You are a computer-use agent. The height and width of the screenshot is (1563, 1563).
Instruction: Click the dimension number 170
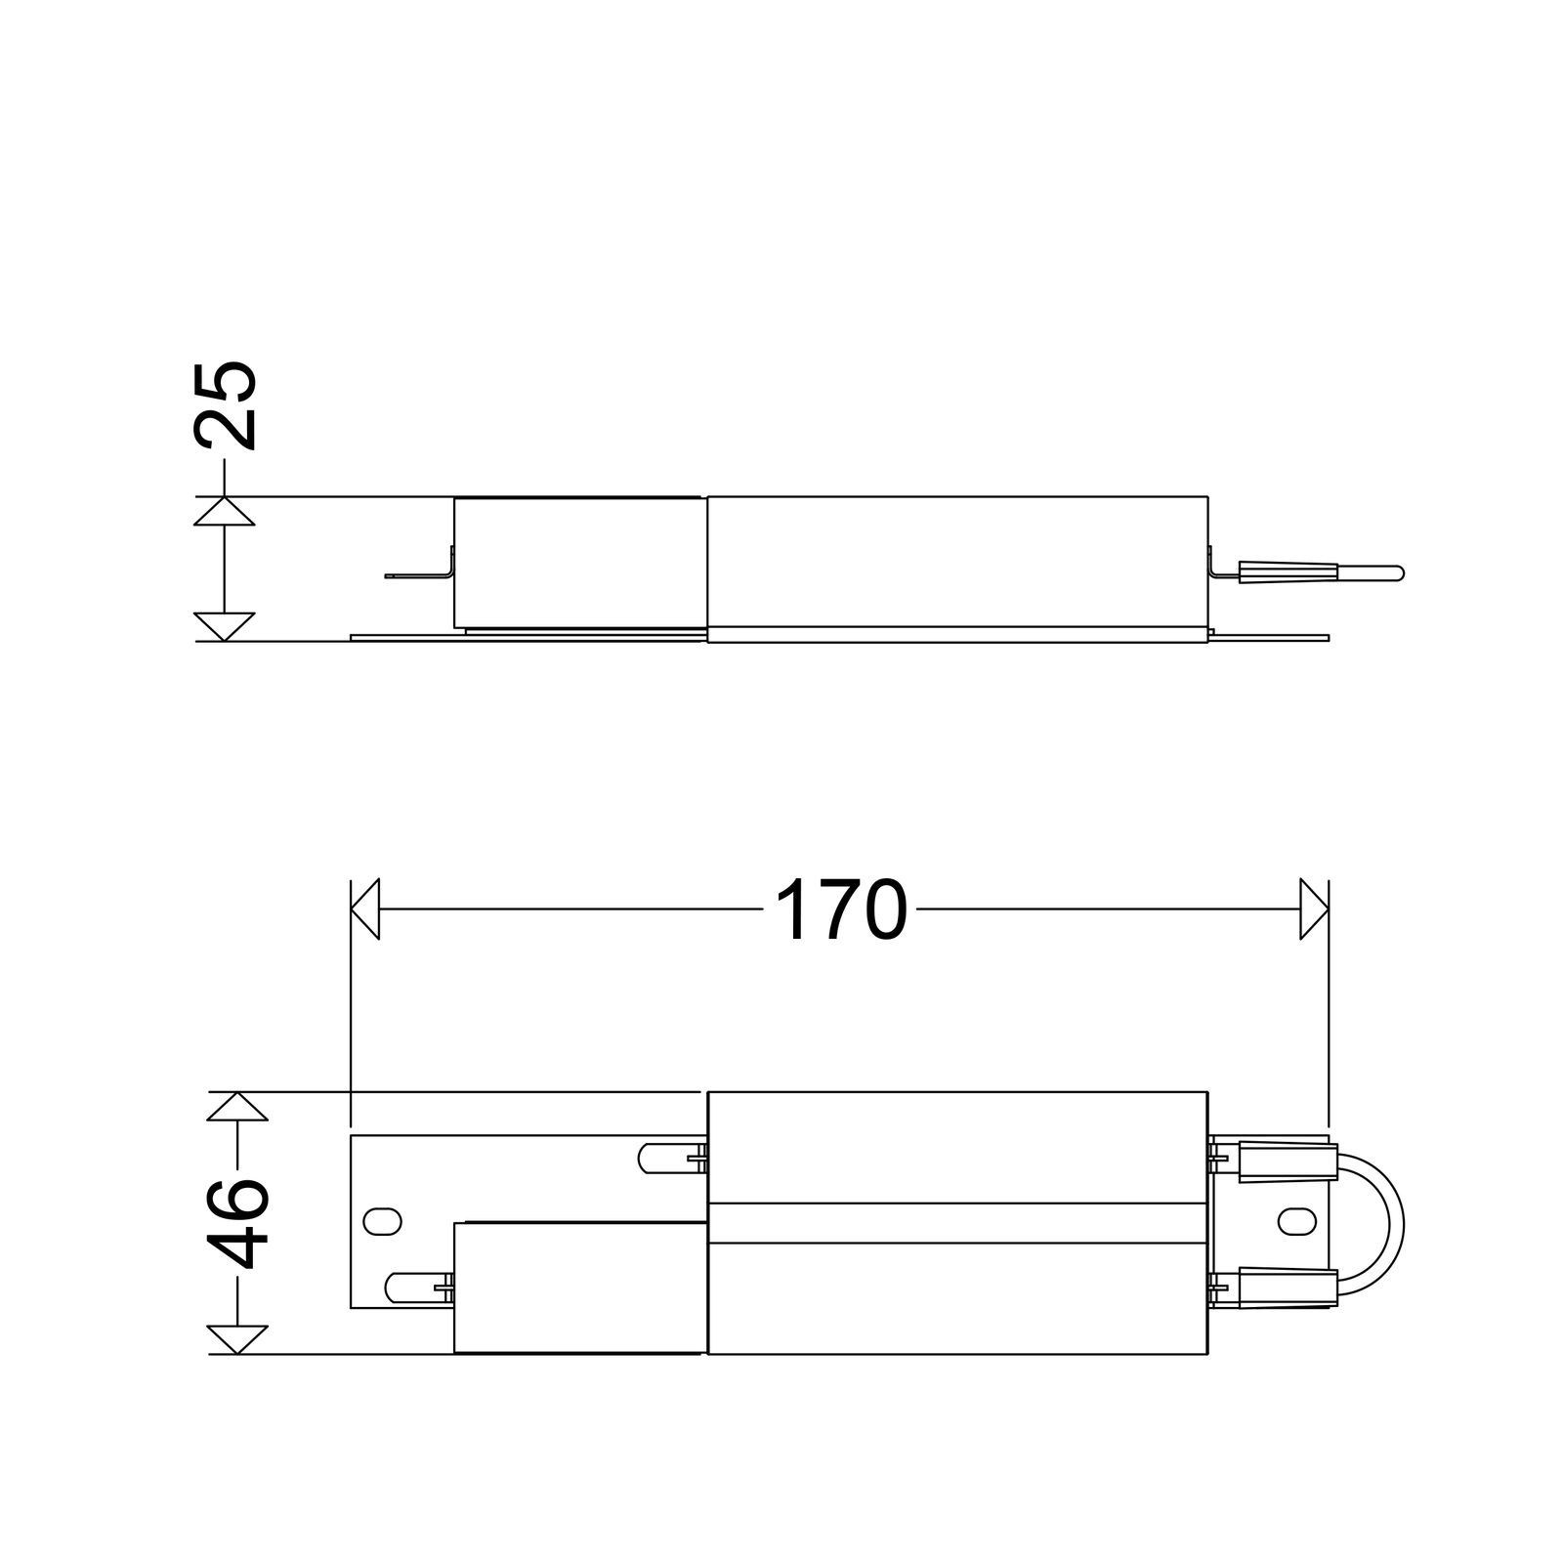(840, 909)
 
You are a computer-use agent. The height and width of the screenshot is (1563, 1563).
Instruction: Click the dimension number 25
(226, 405)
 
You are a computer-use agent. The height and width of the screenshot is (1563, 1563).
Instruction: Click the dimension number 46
(237, 1222)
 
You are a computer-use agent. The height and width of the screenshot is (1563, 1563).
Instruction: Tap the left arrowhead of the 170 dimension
(364, 909)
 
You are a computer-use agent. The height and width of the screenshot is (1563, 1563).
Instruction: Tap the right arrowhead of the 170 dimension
(1315, 909)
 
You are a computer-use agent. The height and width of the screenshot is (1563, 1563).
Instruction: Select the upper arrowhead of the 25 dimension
(225, 512)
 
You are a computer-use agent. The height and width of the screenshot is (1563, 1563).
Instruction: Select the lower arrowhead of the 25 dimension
(225, 626)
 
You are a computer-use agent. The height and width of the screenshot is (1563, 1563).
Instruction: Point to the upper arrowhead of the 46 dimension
(237, 1107)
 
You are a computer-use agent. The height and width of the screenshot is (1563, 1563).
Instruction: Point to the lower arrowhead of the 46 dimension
(237, 1339)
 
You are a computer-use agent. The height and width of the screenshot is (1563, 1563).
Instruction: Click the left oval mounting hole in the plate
(382, 1221)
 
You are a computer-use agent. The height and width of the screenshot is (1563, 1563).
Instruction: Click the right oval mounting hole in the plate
(1295, 1221)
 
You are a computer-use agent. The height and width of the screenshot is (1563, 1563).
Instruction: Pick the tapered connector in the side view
(1287, 572)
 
